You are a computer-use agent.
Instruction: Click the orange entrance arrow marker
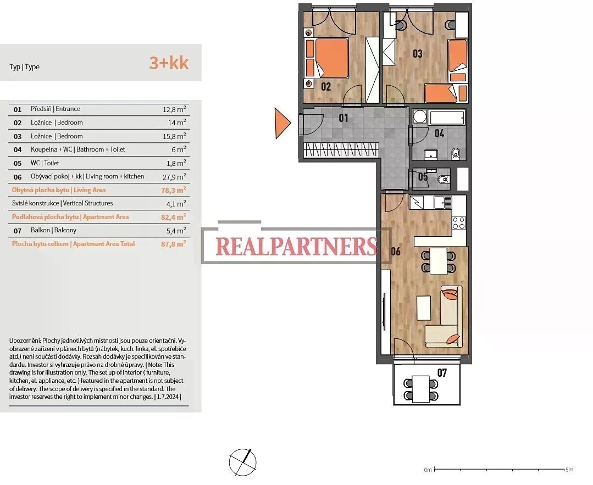pyautogui.click(x=282, y=123)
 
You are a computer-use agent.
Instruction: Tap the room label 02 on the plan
pyautogui.click(x=325, y=87)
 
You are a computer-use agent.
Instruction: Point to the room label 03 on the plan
pyautogui.click(x=417, y=54)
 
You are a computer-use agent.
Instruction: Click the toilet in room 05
pyautogui.click(x=442, y=180)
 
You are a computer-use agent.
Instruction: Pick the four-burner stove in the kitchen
pyautogui.click(x=459, y=222)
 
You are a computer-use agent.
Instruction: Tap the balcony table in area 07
pyautogui.click(x=421, y=389)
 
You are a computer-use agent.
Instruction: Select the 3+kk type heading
pyautogui.click(x=169, y=63)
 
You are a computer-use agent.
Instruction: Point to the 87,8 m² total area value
pyautogui.click(x=173, y=244)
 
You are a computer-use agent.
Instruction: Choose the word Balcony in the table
pyautogui.click(x=65, y=230)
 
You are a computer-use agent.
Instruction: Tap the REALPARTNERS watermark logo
pyautogui.click(x=296, y=246)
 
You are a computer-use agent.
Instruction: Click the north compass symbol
pyautogui.click(x=242, y=462)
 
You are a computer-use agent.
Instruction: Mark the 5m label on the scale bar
pyautogui.click(x=569, y=470)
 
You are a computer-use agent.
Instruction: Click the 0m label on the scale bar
pyautogui.click(x=428, y=470)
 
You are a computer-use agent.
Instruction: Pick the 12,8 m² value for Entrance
pyautogui.click(x=174, y=109)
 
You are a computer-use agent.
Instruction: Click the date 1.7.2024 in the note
pyautogui.click(x=169, y=397)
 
